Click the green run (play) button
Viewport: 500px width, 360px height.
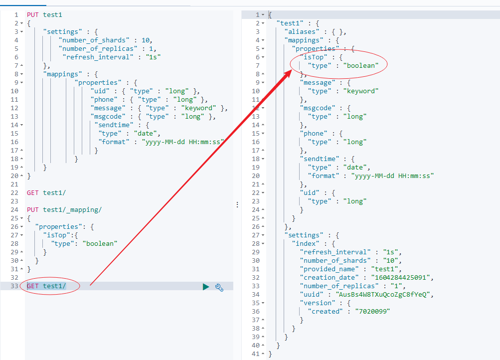point(206,287)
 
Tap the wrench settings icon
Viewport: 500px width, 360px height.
point(219,287)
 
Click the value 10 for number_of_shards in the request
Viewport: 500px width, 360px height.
point(145,40)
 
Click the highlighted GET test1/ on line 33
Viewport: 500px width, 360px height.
point(46,286)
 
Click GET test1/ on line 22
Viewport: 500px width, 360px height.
point(46,192)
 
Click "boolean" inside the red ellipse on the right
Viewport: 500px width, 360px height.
point(357,65)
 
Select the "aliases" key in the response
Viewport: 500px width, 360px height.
point(301,31)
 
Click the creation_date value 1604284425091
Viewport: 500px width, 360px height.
point(401,277)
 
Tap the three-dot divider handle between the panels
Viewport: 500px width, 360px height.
point(237,204)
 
